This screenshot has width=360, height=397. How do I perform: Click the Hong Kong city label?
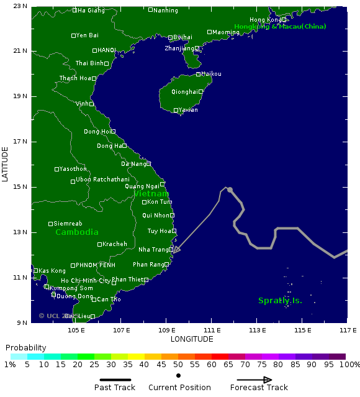pyautogui.click(x=265, y=20)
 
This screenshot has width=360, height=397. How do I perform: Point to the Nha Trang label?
pyautogui.click(x=153, y=250)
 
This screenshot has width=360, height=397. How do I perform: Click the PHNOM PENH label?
pyautogui.click(x=94, y=265)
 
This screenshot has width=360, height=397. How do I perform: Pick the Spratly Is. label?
pyautogui.click(x=280, y=301)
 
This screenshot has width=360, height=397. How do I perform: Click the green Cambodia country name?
pyautogui.click(x=77, y=232)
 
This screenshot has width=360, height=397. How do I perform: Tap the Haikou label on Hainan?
pyautogui.click(x=212, y=74)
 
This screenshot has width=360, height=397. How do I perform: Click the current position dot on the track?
pyautogui.click(x=230, y=190)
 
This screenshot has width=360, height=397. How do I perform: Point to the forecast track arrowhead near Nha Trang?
pyautogui.click(x=176, y=250)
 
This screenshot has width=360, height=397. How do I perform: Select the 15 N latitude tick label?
pyautogui.click(x=20, y=187)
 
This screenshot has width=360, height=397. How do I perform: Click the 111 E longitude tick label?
pyautogui.click(x=212, y=330)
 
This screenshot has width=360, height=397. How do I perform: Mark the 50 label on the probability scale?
pyautogui.click(x=178, y=365)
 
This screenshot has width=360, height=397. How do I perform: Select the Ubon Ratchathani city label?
pyautogui.click(x=102, y=180)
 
